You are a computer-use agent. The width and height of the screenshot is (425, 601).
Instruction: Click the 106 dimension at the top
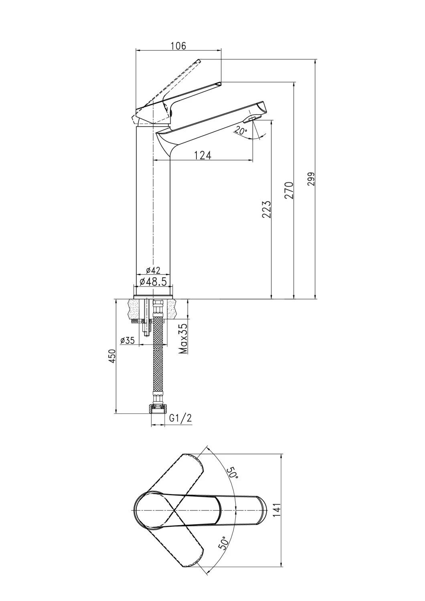coord(178,46)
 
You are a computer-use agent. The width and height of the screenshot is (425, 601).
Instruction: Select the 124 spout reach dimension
coord(202,155)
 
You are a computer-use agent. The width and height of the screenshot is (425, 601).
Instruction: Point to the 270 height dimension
coord(289,190)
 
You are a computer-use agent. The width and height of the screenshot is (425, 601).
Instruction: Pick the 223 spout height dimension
coord(267,209)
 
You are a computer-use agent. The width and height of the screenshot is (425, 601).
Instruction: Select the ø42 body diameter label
coord(153,270)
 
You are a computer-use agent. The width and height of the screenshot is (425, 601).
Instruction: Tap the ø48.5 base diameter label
coord(153,281)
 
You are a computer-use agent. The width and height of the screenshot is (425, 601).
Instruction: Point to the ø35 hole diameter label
coord(127,341)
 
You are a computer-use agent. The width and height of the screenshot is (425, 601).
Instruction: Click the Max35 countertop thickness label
coord(183,338)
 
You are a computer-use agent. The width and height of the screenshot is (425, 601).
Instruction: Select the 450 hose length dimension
coord(112,356)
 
